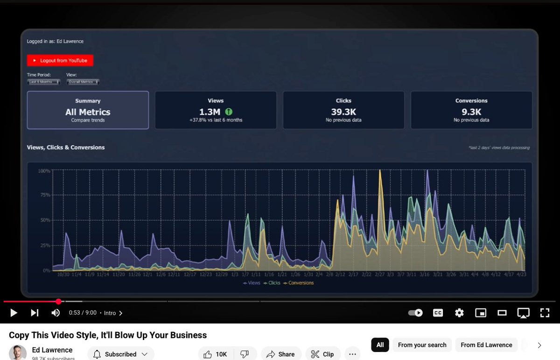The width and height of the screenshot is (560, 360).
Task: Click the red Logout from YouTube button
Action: (x=60, y=61)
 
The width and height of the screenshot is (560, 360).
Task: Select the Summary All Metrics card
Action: (x=88, y=110)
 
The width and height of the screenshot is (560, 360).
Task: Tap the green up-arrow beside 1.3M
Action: (x=229, y=112)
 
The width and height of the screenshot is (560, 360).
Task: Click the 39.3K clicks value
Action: (x=343, y=112)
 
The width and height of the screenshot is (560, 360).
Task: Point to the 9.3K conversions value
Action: (x=471, y=112)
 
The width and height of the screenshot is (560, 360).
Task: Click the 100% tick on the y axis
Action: (x=44, y=171)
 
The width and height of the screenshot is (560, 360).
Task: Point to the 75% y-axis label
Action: (x=45, y=195)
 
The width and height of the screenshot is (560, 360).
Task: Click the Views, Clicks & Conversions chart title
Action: (x=66, y=148)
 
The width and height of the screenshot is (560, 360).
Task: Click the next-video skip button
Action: (x=35, y=313)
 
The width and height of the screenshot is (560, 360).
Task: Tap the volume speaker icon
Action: (x=56, y=313)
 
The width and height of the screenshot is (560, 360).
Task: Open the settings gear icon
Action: (x=459, y=313)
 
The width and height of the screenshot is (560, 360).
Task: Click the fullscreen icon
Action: (x=545, y=313)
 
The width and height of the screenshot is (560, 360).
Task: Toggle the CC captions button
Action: (x=438, y=313)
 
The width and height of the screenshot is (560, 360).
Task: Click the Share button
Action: (x=280, y=354)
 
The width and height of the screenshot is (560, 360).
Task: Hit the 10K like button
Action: (x=216, y=354)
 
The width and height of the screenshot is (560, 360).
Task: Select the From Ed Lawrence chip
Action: (x=486, y=345)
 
